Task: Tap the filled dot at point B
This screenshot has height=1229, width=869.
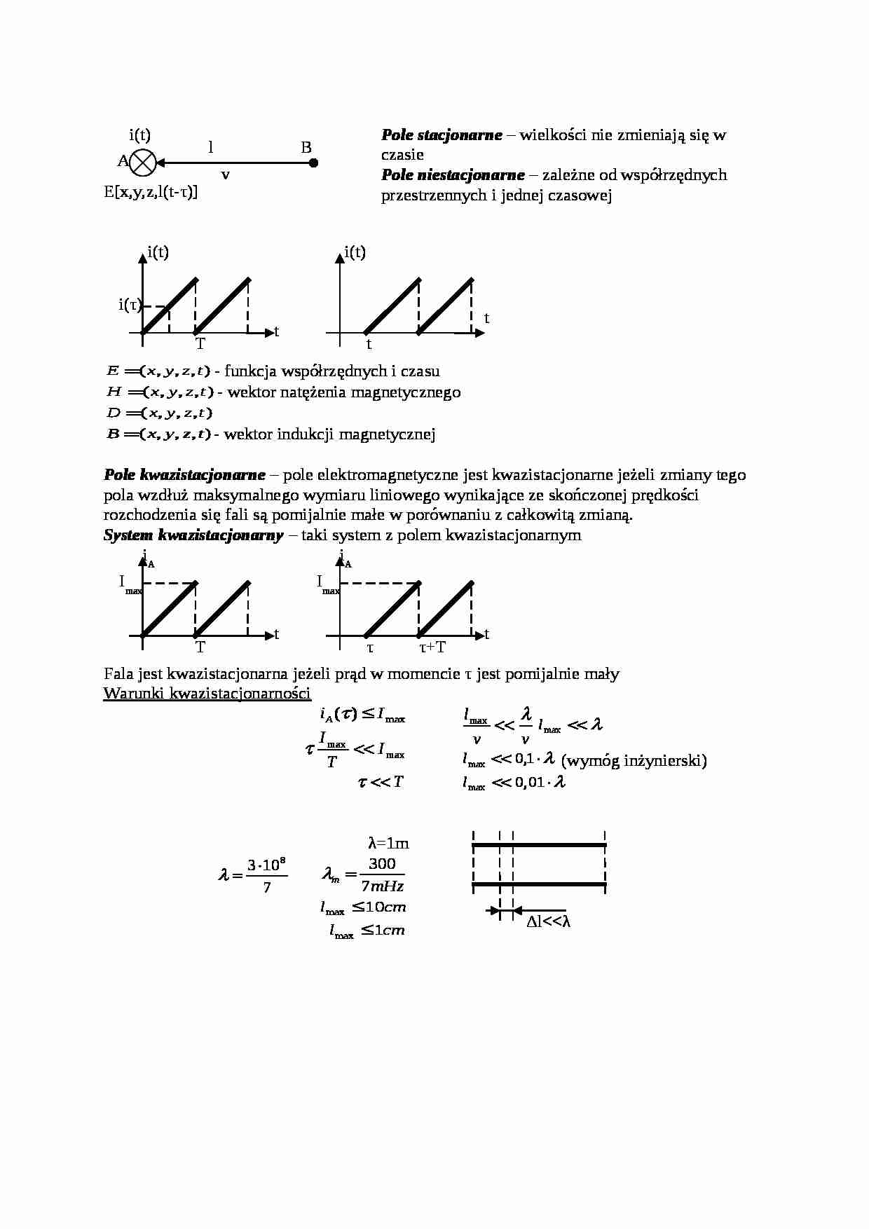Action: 314,163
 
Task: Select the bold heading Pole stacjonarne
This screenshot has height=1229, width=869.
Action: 442,135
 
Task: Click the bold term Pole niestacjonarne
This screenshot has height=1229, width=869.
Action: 453,175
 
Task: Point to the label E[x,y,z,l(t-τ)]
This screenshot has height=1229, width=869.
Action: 151,192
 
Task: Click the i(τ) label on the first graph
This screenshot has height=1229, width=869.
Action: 130,305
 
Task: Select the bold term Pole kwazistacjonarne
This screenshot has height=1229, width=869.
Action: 184,475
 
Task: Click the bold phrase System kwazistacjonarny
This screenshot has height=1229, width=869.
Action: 193,536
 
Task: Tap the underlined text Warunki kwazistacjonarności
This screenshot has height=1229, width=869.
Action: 207,694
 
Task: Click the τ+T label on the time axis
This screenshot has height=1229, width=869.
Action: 432,647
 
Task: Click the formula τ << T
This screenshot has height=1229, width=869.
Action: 381,782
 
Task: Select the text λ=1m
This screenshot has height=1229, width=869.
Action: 388,843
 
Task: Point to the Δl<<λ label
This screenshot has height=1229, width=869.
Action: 549,922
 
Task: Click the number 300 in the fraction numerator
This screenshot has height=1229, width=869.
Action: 382,864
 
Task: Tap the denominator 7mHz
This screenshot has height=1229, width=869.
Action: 382,886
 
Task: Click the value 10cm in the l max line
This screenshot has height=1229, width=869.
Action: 385,907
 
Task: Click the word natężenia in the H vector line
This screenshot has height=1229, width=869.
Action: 314,392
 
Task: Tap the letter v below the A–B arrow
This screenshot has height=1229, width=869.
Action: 225,175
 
